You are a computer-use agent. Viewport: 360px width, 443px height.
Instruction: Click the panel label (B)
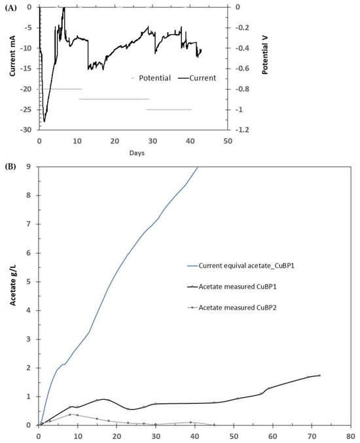10,166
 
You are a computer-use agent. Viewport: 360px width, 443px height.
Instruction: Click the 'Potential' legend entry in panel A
152,78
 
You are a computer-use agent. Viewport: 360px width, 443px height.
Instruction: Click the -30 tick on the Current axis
27,130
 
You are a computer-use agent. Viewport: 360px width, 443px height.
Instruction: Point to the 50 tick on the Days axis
227,141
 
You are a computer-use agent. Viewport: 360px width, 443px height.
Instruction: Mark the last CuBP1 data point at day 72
319,375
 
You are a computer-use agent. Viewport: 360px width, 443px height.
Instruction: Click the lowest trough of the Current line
45,121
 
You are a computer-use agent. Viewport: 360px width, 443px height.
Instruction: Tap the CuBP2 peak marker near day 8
70,414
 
